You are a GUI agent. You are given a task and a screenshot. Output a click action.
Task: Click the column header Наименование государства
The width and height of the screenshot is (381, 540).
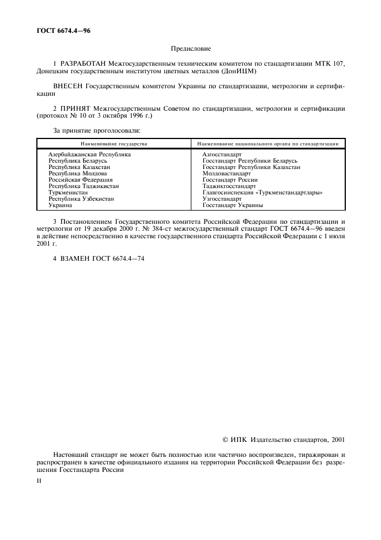114,143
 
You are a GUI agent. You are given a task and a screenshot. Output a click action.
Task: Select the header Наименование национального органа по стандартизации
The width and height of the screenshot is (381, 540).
267,143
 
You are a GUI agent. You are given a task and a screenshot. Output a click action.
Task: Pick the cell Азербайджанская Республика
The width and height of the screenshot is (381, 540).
89,154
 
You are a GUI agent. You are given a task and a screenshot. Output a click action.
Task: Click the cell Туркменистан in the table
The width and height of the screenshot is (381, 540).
68,192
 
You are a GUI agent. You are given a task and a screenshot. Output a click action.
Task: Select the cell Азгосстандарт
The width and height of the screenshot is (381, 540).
222,154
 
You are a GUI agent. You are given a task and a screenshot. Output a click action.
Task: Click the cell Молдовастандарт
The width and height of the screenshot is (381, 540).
227,173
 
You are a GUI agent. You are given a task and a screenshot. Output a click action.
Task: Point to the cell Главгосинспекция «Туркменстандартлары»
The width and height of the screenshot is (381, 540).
262,192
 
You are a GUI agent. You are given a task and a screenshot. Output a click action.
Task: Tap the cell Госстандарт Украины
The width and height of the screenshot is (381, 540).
233,205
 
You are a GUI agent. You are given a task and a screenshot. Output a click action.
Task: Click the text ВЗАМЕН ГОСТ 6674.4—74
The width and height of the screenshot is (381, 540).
99,258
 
